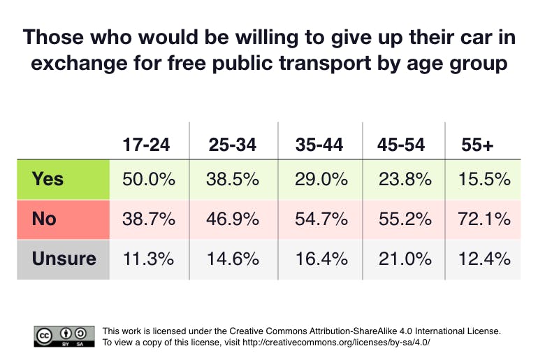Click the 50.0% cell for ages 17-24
(148, 179)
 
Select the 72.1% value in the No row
(486, 219)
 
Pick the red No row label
(45, 219)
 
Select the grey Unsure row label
(64, 259)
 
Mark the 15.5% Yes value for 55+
(486, 179)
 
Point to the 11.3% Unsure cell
(148, 259)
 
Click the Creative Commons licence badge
(64, 336)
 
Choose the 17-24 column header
(146, 145)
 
